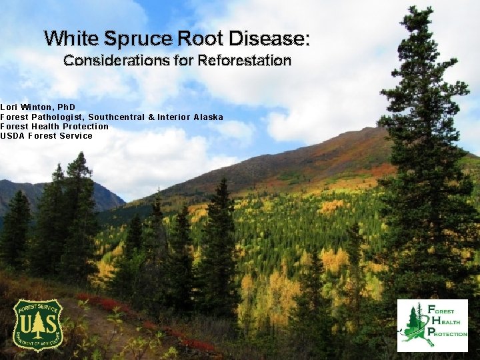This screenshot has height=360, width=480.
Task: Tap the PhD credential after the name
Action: (67, 107)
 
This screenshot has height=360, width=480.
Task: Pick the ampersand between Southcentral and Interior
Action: (151, 117)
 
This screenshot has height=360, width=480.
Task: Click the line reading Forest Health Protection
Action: (54, 126)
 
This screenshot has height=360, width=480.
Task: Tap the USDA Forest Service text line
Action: (46, 136)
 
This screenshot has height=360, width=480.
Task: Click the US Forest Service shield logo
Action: (38, 325)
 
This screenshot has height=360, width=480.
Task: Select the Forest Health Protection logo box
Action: (432, 325)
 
